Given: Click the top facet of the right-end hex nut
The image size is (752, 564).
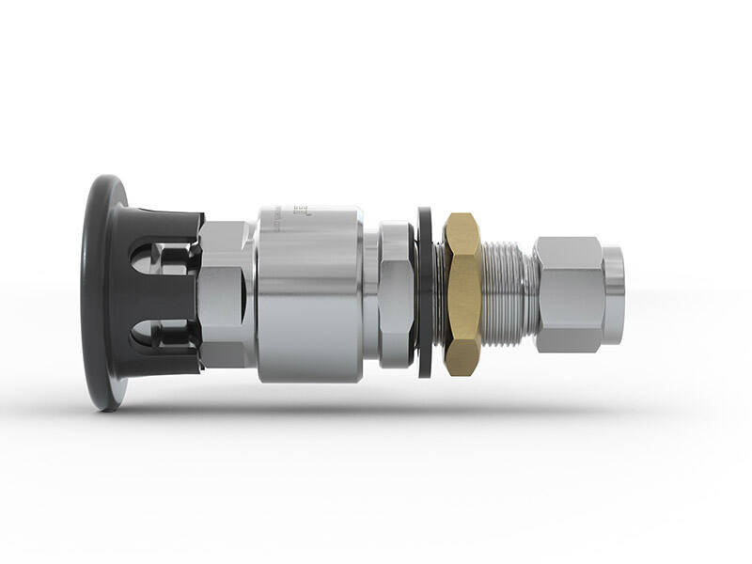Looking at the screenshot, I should (568, 247).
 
